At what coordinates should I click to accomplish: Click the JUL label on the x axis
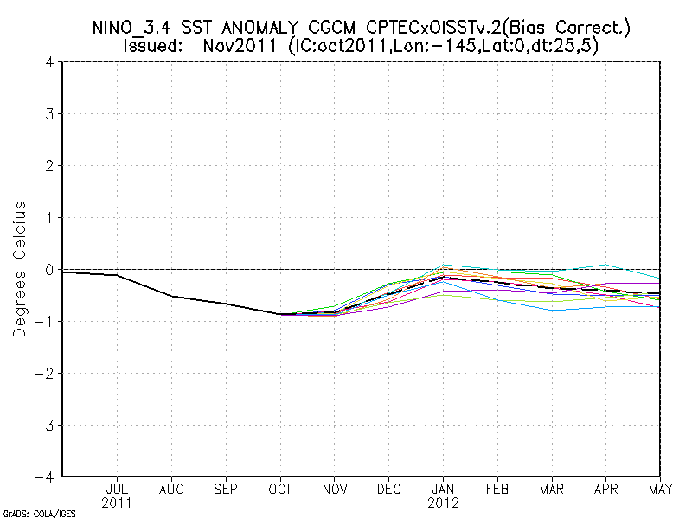point(117,489)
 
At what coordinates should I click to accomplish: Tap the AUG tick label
point(171,489)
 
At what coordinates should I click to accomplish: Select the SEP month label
point(226,489)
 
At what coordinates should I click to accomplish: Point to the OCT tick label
point(280,489)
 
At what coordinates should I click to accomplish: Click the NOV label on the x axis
point(335,489)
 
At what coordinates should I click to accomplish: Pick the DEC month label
point(389,489)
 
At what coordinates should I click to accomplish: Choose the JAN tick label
point(444,489)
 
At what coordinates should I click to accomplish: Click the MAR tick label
point(553,489)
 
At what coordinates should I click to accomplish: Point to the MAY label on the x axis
point(659,489)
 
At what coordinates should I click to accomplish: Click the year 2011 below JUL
point(117,503)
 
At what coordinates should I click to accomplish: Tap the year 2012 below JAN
point(444,503)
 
